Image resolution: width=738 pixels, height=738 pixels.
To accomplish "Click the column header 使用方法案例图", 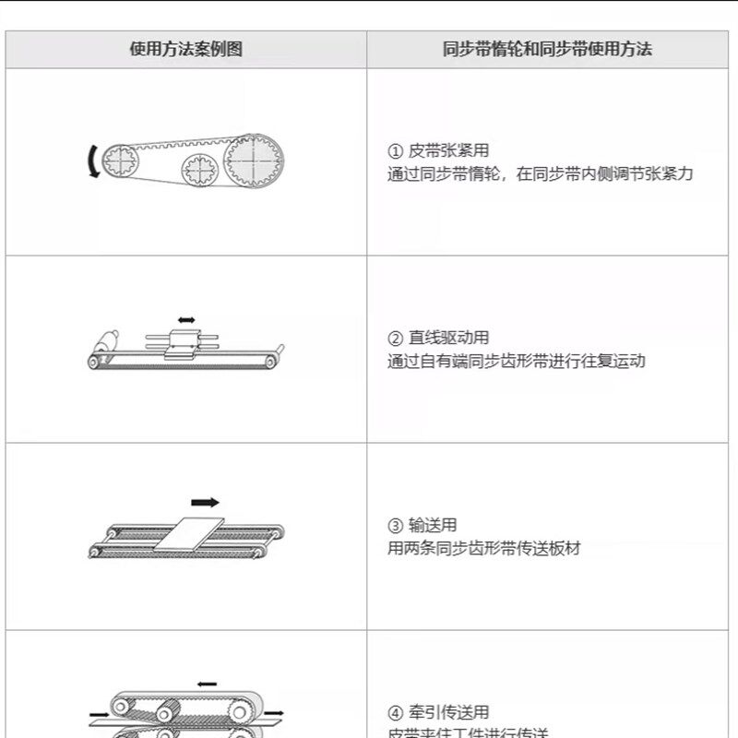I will point(185,50).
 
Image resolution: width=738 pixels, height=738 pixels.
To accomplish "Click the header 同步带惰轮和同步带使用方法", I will point(547,50).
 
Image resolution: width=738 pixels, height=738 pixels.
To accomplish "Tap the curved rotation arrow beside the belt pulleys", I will point(90,162).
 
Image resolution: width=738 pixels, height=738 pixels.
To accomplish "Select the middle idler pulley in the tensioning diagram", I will point(198,170).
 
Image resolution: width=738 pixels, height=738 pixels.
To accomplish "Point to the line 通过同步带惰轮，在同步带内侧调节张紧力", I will point(540,173).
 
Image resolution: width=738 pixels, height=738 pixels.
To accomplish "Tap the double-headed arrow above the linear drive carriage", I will point(186,319).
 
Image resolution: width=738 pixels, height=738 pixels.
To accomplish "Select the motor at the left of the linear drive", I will point(106,339).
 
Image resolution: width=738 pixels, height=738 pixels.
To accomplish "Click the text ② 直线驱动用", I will point(438,339).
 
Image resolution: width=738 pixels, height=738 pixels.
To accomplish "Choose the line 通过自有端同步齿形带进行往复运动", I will point(516,361).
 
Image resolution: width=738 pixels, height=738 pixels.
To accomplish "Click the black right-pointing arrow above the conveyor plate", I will point(205,503).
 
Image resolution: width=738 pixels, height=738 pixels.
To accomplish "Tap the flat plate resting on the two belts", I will point(191,536).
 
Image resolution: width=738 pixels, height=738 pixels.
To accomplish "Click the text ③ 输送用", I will point(422,526).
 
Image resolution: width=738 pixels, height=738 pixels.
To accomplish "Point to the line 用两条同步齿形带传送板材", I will point(484,548).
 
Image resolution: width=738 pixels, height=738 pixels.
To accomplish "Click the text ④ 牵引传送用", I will point(438,712).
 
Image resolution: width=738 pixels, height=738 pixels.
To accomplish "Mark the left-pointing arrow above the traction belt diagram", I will point(207,684).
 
